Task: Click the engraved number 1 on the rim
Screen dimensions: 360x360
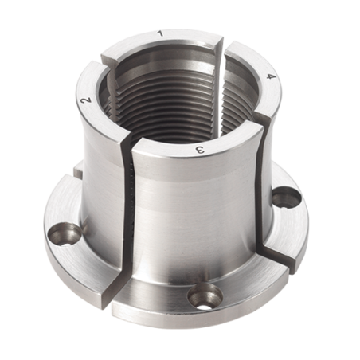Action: click(160, 33)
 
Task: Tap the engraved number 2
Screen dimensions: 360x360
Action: click(87, 101)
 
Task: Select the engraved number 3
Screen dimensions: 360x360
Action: click(201, 151)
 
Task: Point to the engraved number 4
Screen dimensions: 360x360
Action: click(271, 76)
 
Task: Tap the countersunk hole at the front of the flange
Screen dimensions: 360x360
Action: click(205, 296)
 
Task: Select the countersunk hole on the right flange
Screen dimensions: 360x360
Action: click(286, 197)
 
